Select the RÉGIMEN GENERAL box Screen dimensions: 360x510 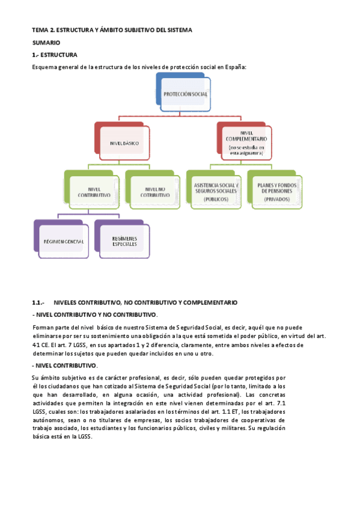coord(63,241)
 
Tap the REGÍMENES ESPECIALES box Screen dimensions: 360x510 coord(124,241)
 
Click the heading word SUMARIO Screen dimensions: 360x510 coord(46,43)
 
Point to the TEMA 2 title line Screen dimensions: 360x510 coord(112,29)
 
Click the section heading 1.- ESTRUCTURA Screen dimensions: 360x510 coord(55,55)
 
